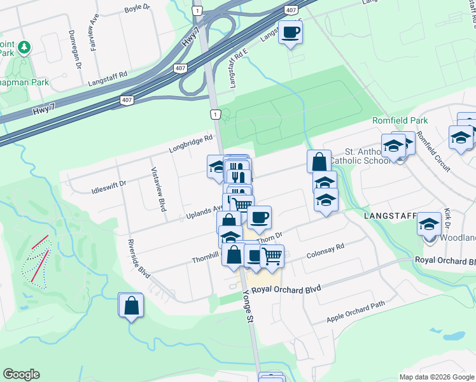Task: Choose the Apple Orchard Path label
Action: coord(356,312)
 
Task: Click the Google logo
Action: coord(22,374)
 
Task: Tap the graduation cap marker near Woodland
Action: coord(430,224)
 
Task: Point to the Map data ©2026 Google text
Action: coord(437,377)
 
